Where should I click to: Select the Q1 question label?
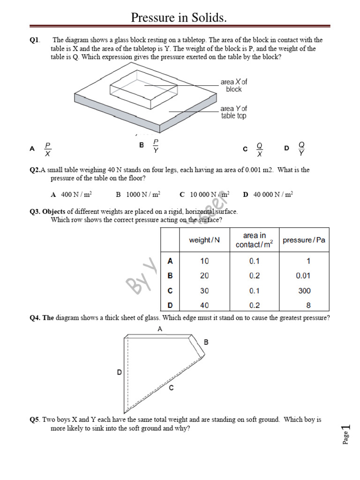coord(35,40)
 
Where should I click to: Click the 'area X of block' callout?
coord(233,85)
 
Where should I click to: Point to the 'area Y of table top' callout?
coord(233,112)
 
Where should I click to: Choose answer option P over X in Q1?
coord(47,149)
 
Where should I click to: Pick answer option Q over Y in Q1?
coord(301,149)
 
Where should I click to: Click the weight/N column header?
coord(204,240)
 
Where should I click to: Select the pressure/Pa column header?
coord(304,240)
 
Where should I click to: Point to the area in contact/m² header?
coord(254,240)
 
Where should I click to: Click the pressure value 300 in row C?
coord(304,291)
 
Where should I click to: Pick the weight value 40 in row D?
coord(204,306)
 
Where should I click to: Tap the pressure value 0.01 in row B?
coord(303,276)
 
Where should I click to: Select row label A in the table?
coord(170,261)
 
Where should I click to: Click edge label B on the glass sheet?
coord(206,343)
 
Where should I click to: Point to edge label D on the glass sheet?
coord(120,373)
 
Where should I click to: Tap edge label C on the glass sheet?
coord(172,388)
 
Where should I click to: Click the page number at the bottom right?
coord(346,434)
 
